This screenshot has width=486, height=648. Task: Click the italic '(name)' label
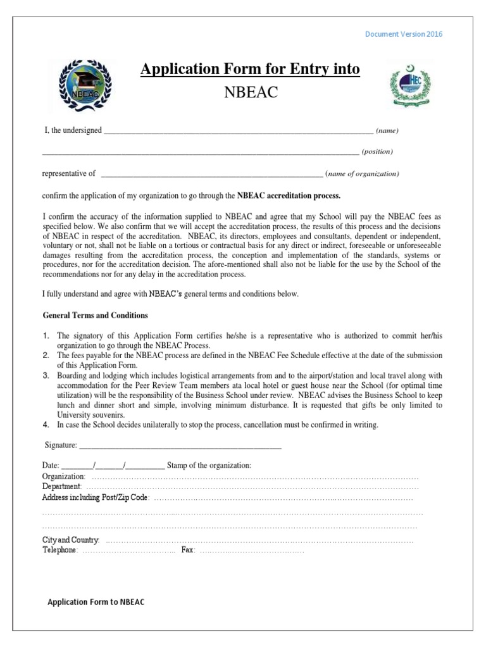click(x=387, y=131)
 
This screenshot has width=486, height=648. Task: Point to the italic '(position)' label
click(x=377, y=152)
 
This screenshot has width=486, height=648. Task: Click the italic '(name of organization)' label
click(x=363, y=173)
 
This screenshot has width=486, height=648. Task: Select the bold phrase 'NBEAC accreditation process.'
click(x=289, y=195)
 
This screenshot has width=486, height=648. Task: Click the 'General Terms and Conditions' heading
click(x=95, y=315)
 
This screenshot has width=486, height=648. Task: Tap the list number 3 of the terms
click(x=46, y=375)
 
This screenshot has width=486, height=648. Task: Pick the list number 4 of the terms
click(x=46, y=425)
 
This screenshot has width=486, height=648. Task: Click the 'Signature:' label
click(x=61, y=446)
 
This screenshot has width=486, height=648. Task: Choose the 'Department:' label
click(x=61, y=487)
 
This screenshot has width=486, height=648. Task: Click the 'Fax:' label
click(x=188, y=551)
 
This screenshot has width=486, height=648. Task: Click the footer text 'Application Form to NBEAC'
click(x=96, y=601)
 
